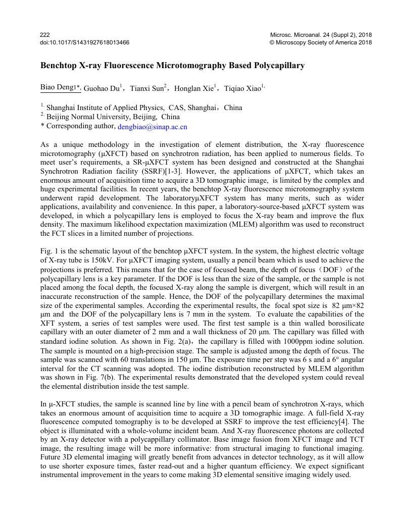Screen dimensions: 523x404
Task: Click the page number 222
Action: point(44,35)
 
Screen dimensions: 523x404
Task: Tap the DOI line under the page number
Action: point(84,42)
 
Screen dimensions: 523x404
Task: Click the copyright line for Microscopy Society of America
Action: point(321,42)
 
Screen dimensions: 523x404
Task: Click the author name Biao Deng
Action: point(57,88)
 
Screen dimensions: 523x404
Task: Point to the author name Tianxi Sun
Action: point(147,88)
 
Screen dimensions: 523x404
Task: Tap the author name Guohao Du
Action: point(102,88)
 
